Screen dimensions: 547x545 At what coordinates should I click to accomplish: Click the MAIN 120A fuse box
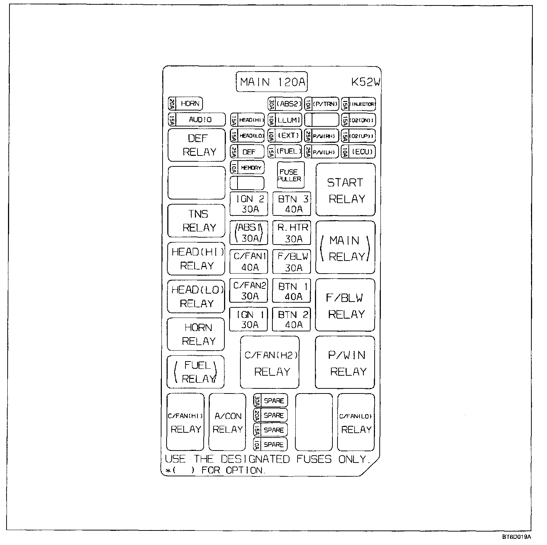(x=272, y=82)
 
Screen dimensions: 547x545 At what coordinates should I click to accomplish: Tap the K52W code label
(x=366, y=82)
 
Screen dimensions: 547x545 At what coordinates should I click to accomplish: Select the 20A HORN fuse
(x=185, y=104)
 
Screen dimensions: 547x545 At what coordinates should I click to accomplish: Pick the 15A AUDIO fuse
(x=197, y=120)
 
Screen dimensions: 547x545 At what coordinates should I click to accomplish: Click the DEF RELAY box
(x=197, y=145)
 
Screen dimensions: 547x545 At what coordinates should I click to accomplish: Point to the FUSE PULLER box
(x=291, y=175)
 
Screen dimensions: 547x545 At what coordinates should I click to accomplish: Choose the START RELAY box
(x=345, y=190)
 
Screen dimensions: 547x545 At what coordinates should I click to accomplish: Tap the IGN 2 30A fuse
(x=249, y=204)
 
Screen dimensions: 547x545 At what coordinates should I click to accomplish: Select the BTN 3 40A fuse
(x=292, y=204)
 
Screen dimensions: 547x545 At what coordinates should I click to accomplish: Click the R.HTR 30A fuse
(x=292, y=233)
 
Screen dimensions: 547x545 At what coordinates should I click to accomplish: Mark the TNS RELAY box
(x=196, y=221)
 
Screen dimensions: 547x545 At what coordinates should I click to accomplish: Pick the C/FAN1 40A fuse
(x=249, y=262)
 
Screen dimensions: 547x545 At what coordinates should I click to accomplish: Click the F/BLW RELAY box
(x=345, y=305)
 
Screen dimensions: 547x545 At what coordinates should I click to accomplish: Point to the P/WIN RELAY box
(x=345, y=363)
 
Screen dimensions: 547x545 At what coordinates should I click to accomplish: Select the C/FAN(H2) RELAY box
(x=270, y=363)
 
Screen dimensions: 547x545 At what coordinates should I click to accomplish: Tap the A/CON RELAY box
(x=227, y=422)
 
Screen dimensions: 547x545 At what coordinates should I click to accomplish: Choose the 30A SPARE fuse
(x=271, y=401)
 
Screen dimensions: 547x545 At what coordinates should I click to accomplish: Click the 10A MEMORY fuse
(x=247, y=168)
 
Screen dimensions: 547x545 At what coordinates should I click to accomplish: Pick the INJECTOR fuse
(x=358, y=104)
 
